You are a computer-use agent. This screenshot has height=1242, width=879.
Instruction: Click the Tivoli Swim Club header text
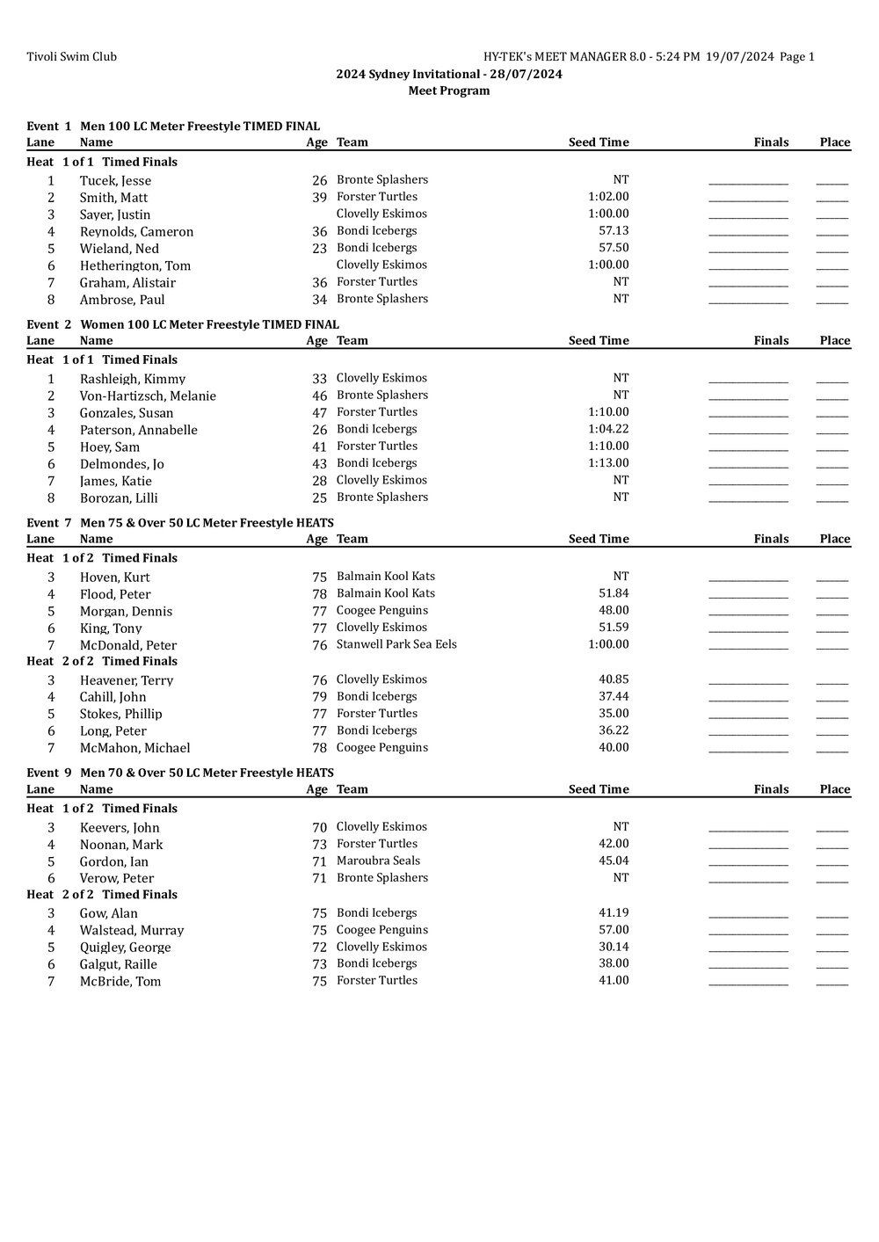71,57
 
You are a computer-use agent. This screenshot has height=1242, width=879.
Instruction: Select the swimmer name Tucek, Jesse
115,181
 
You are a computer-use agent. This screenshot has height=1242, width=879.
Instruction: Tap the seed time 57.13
614,231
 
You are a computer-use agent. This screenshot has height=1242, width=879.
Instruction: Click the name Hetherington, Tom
134,265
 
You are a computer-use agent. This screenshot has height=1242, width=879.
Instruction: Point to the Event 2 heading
183,324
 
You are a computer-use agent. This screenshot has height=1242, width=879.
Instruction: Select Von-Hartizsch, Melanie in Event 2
148,396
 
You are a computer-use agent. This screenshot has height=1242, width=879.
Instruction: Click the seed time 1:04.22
608,430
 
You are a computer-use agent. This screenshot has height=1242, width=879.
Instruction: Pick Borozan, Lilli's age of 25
319,498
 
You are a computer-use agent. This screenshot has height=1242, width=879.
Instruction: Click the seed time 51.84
614,593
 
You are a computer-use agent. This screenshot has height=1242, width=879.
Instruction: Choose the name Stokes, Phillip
120,714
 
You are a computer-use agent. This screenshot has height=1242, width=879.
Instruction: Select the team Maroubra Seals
378,861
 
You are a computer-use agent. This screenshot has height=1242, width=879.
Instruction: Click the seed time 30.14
614,947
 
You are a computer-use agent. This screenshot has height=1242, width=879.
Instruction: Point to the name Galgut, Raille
118,964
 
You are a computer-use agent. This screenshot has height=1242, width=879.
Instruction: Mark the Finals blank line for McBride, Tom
748,983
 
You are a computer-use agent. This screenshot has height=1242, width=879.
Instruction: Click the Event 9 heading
180,773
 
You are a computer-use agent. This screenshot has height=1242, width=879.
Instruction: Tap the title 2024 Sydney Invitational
408,74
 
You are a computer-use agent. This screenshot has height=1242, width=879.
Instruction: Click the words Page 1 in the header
797,57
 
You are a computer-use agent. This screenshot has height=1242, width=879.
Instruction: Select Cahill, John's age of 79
319,697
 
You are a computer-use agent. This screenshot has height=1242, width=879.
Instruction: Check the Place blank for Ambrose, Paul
832,301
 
